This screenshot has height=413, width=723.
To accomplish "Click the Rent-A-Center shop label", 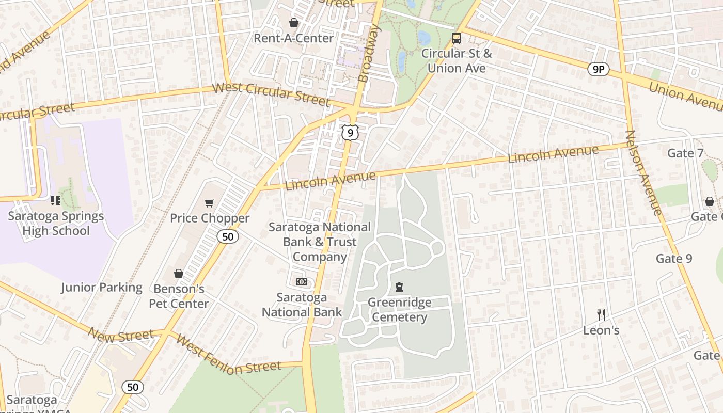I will point(293,38).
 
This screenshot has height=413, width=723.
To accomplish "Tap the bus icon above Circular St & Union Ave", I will point(457,38).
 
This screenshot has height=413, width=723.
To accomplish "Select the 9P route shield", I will point(598,69).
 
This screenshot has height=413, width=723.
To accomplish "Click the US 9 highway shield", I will point(350,133).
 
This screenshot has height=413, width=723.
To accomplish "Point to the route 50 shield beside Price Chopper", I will point(228,236).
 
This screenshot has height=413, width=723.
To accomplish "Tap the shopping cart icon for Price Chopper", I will point(209,203).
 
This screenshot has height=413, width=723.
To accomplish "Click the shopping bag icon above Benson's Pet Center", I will point(179,273).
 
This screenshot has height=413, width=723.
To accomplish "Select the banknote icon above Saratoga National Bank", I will point(302,282).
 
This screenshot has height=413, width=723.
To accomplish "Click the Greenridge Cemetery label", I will point(399,310).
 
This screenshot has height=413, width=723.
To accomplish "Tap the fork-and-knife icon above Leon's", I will point(601,314).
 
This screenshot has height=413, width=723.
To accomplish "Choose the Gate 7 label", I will point(685,153).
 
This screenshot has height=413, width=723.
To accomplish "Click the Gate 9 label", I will point(674,258).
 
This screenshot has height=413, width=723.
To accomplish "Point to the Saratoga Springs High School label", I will point(56,224).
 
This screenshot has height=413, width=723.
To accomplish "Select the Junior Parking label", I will point(102,288).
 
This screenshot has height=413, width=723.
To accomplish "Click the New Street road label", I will point(120,336).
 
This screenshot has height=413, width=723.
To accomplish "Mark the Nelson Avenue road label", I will point(643,172).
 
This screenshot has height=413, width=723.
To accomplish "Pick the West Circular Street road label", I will point(271,93).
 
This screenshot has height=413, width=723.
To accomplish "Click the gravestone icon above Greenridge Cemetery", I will point(399,287).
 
